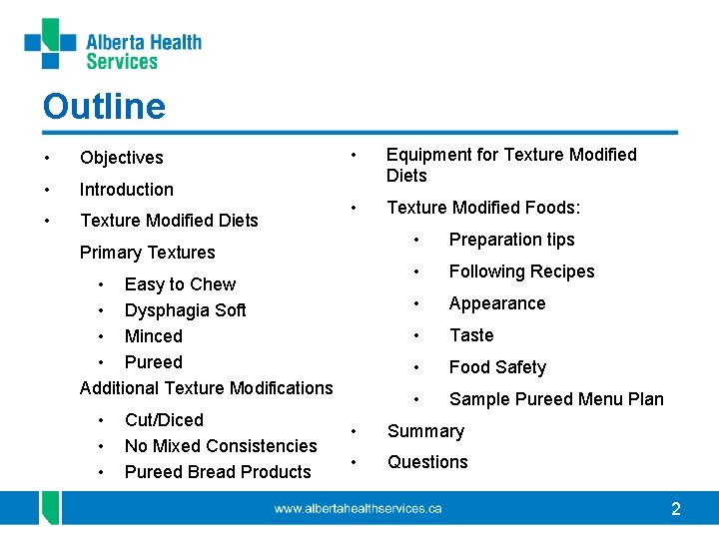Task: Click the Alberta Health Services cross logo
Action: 50,44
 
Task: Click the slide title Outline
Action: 104,106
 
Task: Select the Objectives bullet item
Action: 121,158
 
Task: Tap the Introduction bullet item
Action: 126,190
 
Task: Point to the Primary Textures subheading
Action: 147,253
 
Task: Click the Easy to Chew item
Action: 180,284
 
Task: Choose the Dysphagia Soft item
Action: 185,310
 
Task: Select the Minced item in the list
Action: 153,336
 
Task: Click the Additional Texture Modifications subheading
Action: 206,388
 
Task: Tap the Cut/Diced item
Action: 164,420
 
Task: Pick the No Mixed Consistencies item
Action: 221,446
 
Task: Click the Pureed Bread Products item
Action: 218,472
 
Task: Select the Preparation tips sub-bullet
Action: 511,240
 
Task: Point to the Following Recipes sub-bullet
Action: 521,271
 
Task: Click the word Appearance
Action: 497,303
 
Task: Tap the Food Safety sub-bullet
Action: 497,367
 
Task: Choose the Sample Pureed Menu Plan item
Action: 556,399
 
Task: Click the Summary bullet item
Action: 425,431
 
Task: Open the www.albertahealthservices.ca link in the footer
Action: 358,509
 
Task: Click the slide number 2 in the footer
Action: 676,509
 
